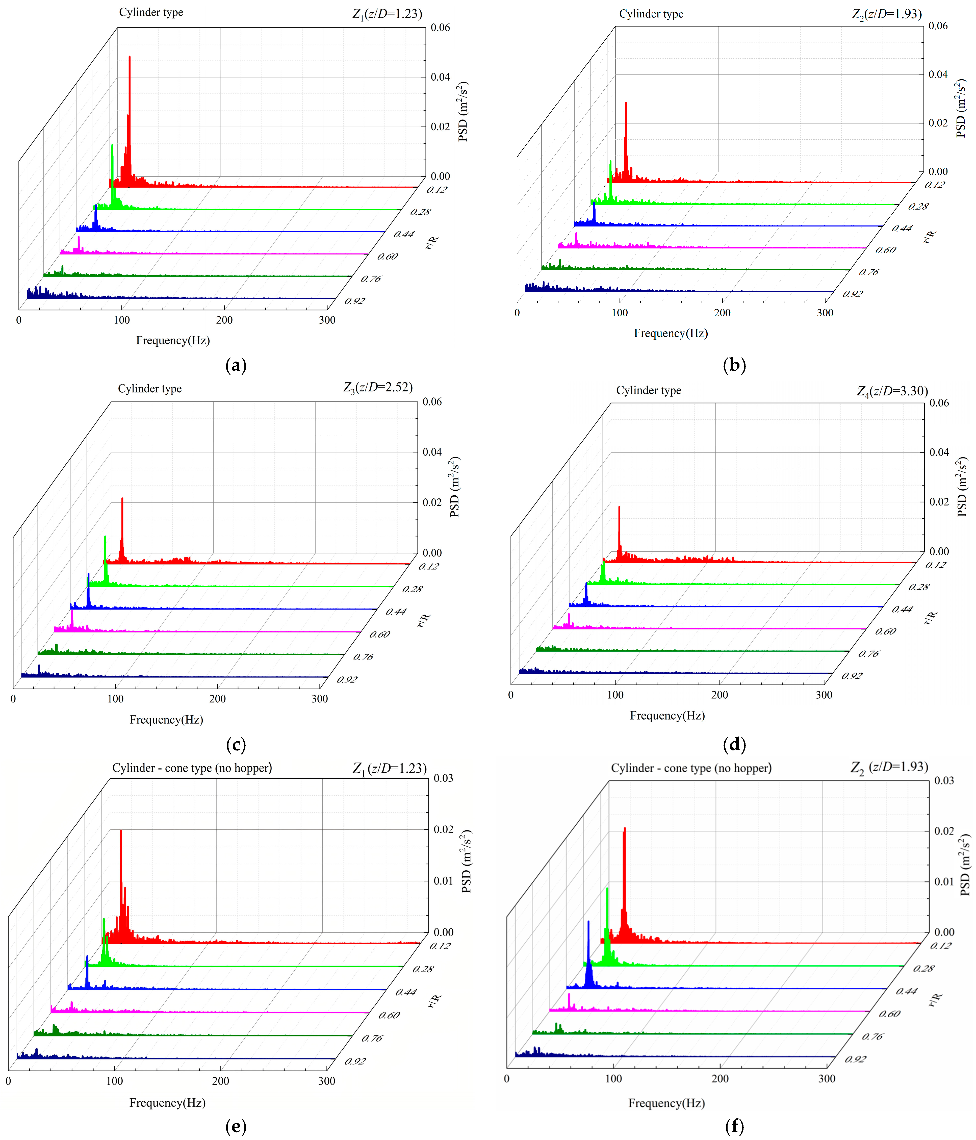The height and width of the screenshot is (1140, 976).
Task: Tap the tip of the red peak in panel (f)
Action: (x=624, y=828)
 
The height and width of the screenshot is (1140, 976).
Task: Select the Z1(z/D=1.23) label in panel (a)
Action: (x=387, y=14)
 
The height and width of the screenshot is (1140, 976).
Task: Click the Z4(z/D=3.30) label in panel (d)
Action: (x=892, y=391)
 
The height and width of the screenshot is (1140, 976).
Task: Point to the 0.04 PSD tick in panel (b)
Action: (x=938, y=74)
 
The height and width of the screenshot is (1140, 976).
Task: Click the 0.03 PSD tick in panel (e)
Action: (x=443, y=778)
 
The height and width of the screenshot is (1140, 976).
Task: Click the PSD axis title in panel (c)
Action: (x=455, y=487)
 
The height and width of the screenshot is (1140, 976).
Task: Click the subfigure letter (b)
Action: (x=734, y=365)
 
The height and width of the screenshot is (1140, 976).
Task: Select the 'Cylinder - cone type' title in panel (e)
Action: (x=192, y=768)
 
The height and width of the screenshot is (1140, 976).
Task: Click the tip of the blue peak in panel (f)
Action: (x=588, y=922)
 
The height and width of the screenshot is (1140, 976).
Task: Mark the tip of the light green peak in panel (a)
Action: (x=113, y=145)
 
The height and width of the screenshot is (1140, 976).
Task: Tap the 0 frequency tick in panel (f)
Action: (x=507, y=1078)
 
